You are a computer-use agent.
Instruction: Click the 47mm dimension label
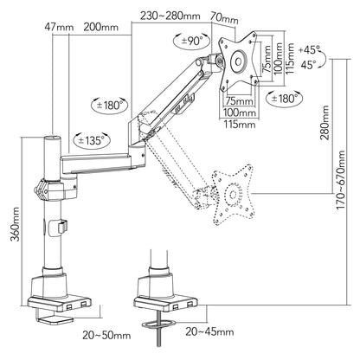coord(59,28)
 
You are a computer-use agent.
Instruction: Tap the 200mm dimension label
coord(101,27)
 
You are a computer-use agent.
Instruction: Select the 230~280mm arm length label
coord(170,16)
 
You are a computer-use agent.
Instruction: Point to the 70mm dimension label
coord(224,18)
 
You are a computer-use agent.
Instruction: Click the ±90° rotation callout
coord(192,41)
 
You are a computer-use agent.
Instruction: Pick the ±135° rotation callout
coord(92,140)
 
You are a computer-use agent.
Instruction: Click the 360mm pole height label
coord(15,224)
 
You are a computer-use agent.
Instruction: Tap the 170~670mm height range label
coord(341,180)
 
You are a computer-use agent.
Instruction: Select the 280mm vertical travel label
coord(325,123)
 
